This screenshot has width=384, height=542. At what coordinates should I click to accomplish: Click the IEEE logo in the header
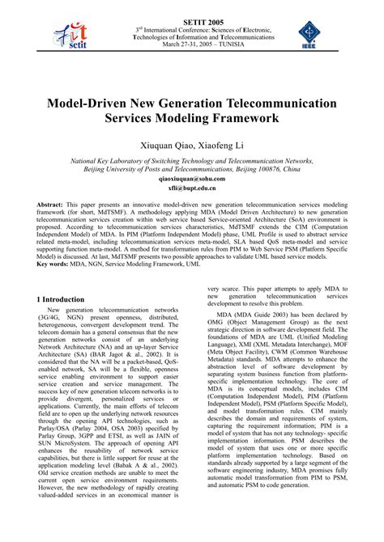click(313, 35)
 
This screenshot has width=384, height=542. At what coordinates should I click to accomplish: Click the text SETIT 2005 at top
click(191, 7)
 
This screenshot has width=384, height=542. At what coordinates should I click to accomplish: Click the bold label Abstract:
click(51, 206)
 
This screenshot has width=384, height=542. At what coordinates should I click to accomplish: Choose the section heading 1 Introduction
click(66, 299)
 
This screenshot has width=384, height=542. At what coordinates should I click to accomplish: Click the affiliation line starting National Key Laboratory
click(192, 161)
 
